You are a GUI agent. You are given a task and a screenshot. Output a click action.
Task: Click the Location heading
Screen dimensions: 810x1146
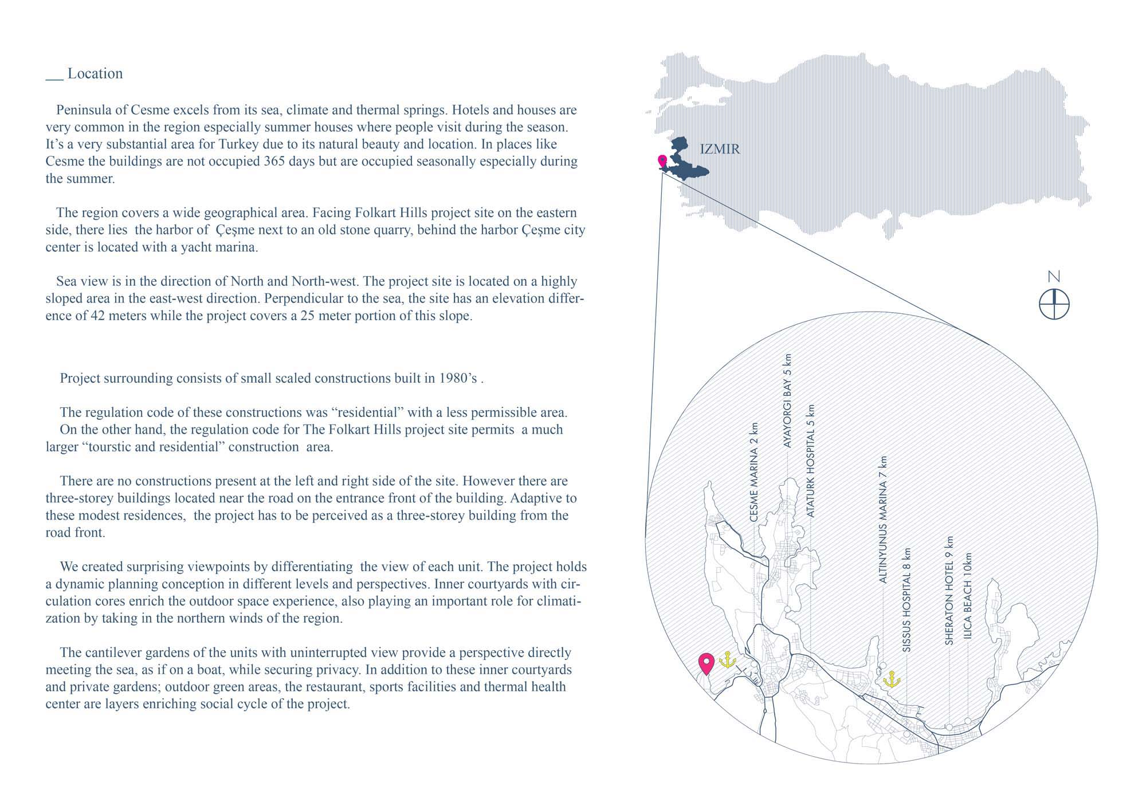coord(95,74)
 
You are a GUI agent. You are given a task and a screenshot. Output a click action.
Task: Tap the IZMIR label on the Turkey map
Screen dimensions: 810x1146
coord(720,149)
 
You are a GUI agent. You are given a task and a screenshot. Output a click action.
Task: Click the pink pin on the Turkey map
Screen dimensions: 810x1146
coord(662,161)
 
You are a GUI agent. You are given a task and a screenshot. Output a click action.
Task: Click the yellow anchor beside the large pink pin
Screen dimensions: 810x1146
coord(727,660)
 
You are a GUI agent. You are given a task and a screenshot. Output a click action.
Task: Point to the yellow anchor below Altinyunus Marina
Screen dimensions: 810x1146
coord(892,680)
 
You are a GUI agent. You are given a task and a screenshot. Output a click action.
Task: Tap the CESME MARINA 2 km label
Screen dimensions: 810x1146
coord(754,472)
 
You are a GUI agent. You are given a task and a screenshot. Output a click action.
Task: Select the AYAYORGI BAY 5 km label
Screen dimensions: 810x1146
coord(787,400)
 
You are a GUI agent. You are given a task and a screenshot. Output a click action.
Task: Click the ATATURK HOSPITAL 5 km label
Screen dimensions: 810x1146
coord(811,461)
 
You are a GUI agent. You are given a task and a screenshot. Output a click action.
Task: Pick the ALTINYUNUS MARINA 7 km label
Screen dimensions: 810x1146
coord(883,520)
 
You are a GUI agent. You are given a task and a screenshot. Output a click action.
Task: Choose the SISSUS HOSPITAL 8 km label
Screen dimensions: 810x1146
coord(906,600)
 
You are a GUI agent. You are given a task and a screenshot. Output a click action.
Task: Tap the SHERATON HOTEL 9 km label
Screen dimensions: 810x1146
coord(949,591)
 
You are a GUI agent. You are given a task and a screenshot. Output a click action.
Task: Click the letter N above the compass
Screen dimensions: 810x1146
coord(1054,277)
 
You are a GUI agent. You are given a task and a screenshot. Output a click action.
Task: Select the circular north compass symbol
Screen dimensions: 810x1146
coord(1054,304)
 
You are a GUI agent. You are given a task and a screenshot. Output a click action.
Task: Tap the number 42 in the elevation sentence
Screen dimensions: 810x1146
coord(98,316)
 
